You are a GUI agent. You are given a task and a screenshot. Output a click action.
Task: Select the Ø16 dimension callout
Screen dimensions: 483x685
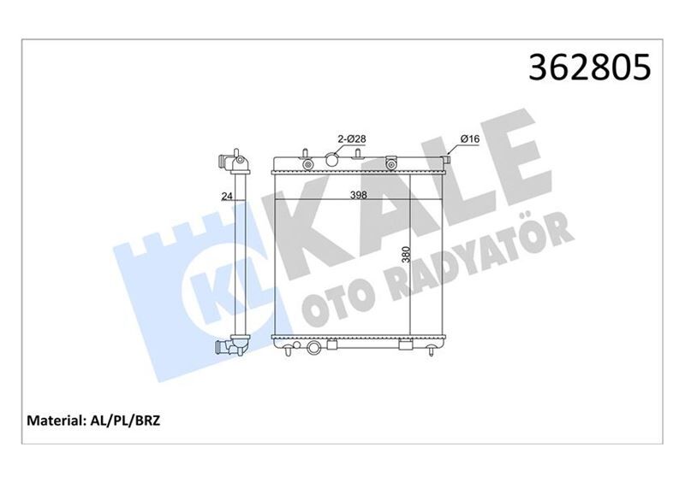point(468,137)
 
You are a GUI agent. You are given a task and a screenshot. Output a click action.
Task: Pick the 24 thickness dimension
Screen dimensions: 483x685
point(227,197)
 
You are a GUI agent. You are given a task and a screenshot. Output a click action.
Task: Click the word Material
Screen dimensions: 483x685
point(53,421)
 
